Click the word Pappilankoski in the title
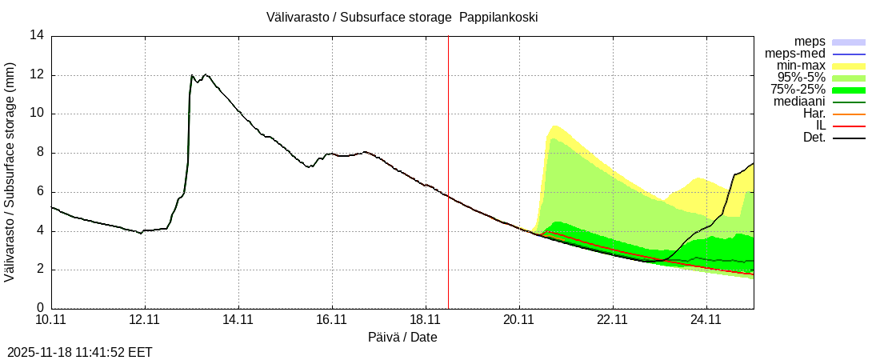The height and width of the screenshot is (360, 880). point(498,18)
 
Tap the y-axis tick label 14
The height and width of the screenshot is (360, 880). point(37,35)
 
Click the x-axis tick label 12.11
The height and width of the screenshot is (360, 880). point(145,320)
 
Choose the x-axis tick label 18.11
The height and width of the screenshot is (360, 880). point(426,320)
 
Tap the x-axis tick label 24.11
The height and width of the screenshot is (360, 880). point(706,320)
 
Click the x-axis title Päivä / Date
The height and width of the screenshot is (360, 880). point(402,338)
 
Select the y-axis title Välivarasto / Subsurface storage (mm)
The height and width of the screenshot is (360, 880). point(10,172)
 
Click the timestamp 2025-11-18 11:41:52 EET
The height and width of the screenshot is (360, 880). point(80,352)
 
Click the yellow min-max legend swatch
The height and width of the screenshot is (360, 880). point(849,66)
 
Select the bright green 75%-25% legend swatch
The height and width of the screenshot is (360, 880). point(849,90)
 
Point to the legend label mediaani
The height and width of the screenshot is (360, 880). point(799,102)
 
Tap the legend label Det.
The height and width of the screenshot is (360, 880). point(814,138)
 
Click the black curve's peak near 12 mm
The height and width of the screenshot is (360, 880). point(192,76)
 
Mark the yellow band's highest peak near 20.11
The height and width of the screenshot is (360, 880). point(554,126)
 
